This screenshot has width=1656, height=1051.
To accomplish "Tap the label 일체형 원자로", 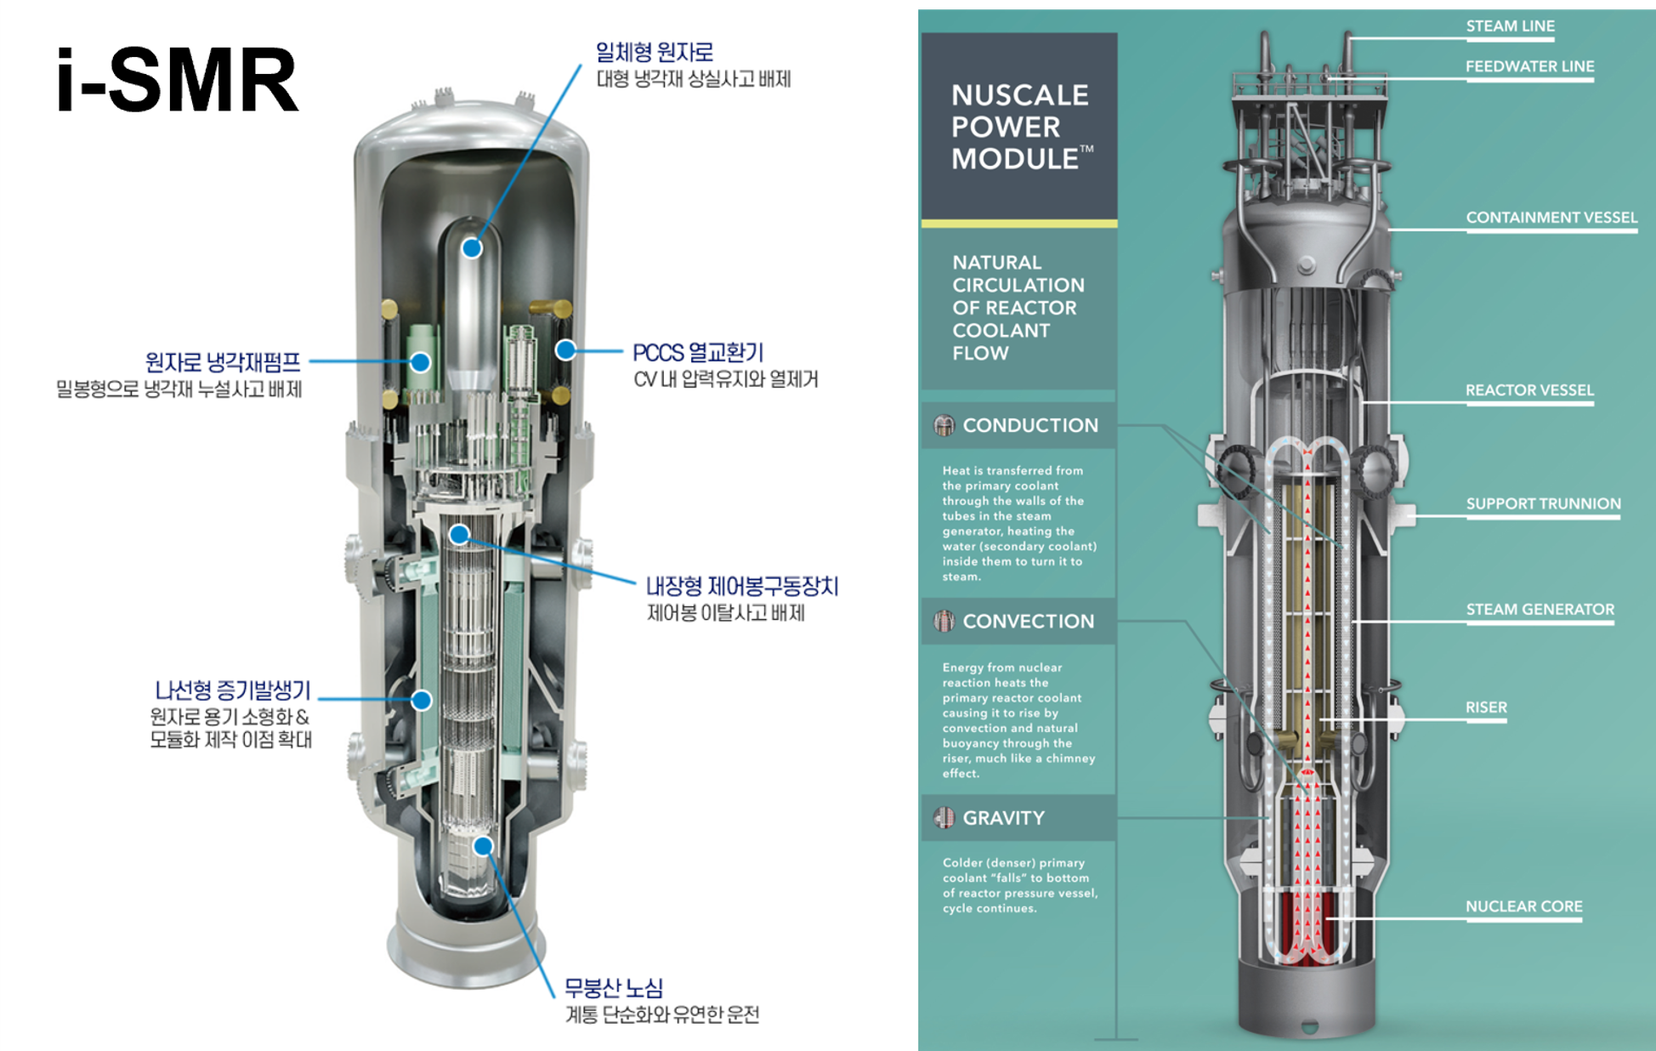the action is tap(654, 52).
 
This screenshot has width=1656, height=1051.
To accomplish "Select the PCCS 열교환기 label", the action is tap(698, 352).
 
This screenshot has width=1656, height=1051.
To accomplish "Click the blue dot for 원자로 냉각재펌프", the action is tap(420, 362).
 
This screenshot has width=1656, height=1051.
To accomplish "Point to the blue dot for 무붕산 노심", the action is tap(483, 846).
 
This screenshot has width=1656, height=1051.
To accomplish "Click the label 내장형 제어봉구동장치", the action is tap(742, 586).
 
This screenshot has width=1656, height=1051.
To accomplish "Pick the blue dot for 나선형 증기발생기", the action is tap(422, 700).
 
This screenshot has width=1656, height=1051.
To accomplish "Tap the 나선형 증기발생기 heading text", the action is tap(233, 690).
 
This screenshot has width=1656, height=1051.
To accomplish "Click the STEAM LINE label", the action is tap(1510, 26).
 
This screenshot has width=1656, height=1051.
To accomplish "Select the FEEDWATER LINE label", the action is tap(1529, 66).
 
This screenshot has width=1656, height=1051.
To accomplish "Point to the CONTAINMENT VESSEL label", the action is tap(1551, 218).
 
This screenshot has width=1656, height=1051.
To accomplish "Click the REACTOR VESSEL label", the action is tap(1529, 390).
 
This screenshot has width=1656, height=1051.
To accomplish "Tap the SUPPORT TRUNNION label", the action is tap(1543, 503).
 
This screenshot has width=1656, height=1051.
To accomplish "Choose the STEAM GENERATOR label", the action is tap(1540, 610).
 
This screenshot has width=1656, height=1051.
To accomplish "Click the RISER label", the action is tap(1486, 707).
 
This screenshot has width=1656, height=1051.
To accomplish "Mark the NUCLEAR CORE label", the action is tap(1523, 906).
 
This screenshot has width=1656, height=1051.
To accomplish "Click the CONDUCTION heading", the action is tap(1030, 425).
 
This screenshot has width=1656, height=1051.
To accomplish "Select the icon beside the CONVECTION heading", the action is tap(944, 622).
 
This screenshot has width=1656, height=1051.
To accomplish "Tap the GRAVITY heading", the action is tap(1003, 818).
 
